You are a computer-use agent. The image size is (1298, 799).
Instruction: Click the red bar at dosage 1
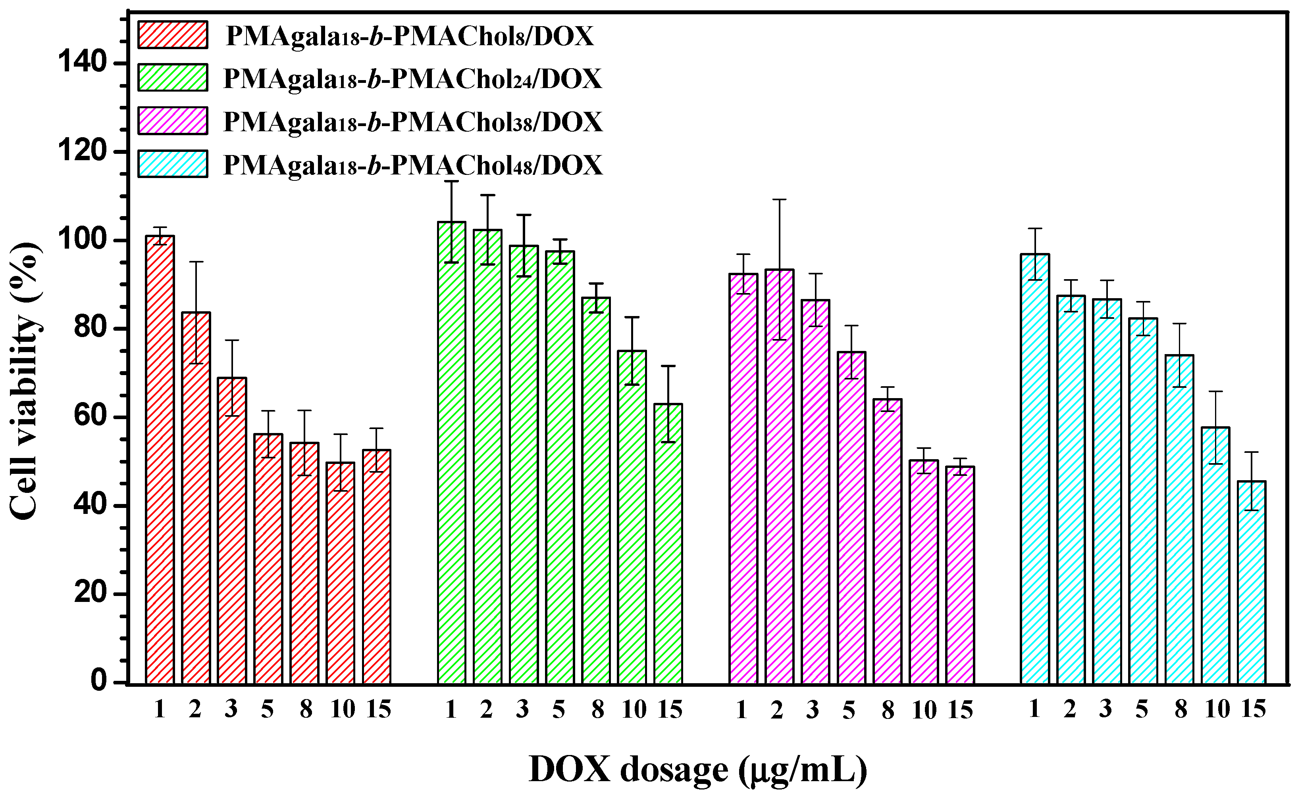160,460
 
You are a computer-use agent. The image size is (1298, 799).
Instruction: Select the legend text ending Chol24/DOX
412,79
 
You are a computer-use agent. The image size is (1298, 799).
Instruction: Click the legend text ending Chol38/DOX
412,122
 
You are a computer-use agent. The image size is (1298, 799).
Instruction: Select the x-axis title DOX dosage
698,769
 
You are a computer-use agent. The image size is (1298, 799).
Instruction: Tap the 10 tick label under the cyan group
1217,709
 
